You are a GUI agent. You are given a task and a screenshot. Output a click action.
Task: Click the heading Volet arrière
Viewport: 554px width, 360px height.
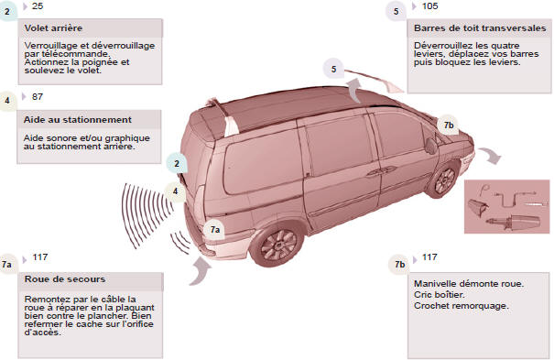53,27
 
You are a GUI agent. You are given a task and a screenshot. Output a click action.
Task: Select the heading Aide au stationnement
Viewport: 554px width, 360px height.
77,120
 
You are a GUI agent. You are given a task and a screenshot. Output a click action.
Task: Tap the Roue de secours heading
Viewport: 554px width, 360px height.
65,279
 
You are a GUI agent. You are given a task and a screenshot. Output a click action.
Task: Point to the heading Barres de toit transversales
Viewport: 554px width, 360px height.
480,27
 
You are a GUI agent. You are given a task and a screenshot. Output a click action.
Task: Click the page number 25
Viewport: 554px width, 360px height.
38,6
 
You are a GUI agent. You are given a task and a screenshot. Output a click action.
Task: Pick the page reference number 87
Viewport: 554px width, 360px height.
38,96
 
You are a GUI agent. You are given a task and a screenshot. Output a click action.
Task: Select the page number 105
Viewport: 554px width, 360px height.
429,6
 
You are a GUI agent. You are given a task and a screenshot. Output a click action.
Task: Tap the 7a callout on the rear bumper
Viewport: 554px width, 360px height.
215,230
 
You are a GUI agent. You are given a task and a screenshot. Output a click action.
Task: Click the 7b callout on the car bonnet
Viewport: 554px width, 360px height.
449,125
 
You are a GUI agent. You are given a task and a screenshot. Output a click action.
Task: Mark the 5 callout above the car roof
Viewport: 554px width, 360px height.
333,69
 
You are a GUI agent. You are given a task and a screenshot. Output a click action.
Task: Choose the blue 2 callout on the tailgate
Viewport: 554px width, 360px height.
177,164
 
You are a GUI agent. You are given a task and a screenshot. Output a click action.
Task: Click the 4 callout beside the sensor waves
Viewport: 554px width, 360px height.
175,191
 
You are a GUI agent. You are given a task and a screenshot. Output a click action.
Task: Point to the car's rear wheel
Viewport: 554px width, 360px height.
277,244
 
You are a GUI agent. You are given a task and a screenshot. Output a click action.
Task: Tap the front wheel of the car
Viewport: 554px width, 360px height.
444,180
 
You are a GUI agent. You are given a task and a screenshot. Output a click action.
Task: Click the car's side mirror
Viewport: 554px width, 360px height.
430,146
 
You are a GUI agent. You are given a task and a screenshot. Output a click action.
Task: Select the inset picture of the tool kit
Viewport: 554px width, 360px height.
506,207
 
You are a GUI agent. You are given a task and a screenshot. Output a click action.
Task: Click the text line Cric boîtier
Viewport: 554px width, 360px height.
440,295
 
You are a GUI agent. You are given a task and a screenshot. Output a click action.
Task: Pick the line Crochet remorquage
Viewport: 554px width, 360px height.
462,306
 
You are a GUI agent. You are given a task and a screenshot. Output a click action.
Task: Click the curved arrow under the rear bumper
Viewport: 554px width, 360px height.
201,271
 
